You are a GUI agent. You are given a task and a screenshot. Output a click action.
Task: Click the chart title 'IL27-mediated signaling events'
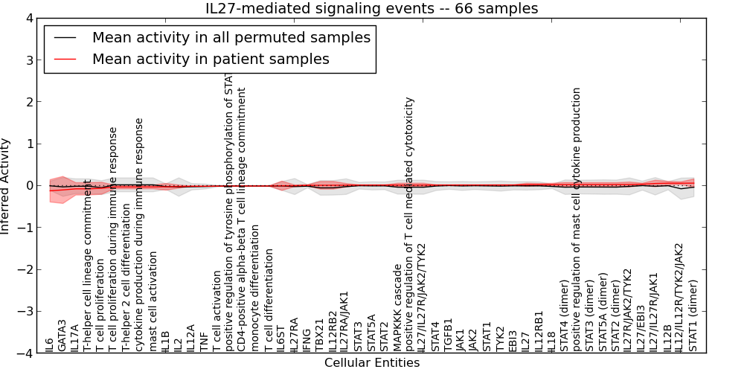pos(372,8)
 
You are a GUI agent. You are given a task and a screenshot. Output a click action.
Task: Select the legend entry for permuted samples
pos(231,37)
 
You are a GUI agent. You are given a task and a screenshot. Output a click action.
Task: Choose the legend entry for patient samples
pos(211,59)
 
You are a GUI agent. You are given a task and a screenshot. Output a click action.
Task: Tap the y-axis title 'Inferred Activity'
pos(7,186)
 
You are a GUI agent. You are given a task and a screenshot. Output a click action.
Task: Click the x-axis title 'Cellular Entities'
pos(372,363)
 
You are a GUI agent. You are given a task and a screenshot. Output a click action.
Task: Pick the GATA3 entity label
pos(62,336)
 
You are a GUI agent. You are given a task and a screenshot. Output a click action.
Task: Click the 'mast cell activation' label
pos(153,301)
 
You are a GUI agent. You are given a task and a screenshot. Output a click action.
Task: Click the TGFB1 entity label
pos(448,335)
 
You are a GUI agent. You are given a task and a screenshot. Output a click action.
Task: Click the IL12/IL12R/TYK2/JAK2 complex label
pos(680,297)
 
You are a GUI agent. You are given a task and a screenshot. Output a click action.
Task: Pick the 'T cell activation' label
pos(217,312)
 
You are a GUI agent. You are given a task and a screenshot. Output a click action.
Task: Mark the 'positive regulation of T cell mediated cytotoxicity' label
pos(410,224)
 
